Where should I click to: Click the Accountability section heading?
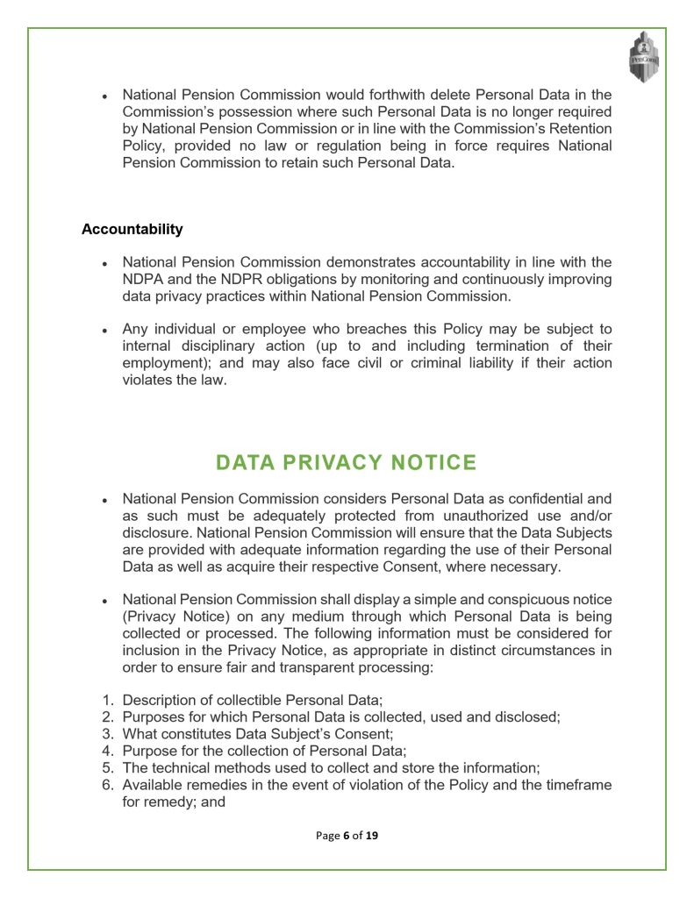coord(132,230)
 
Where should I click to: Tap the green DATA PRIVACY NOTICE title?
coord(347,462)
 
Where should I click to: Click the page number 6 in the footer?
coord(346,836)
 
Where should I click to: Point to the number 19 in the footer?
coord(372,836)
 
